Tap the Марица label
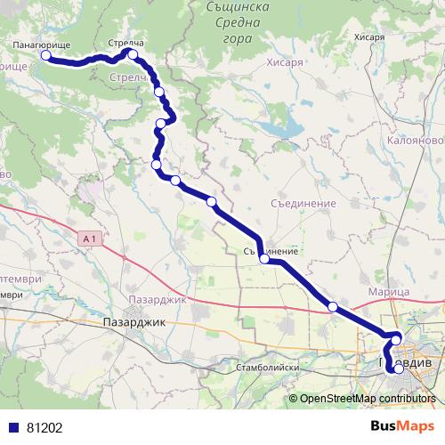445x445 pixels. [x=388, y=292]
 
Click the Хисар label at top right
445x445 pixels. [x=368, y=37]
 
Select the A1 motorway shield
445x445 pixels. [x=86, y=239]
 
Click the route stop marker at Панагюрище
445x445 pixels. [x=45, y=55]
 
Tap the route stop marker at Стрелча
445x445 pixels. [x=133, y=54]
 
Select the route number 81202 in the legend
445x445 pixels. [x=44, y=427]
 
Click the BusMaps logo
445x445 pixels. [x=406, y=426]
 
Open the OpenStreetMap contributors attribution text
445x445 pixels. [x=367, y=399]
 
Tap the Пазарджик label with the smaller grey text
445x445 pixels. [x=157, y=299]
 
